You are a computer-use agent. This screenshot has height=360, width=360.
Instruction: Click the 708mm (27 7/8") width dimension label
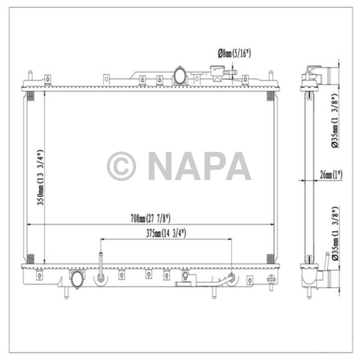pos(150,219)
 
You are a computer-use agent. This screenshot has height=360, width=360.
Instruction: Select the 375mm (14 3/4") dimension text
pos(166,233)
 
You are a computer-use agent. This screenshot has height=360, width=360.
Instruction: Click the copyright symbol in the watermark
pos(121,166)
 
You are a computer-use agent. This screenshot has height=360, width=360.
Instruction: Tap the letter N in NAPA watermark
pos(160,166)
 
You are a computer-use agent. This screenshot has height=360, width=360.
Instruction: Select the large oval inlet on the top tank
pos(181,76)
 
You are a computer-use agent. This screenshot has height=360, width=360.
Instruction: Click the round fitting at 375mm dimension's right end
pos(232,278)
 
